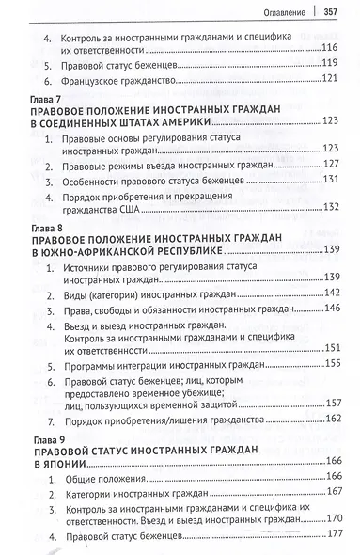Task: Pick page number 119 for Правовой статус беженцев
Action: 329,63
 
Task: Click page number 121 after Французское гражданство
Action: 329,80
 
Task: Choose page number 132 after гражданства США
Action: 329,209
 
